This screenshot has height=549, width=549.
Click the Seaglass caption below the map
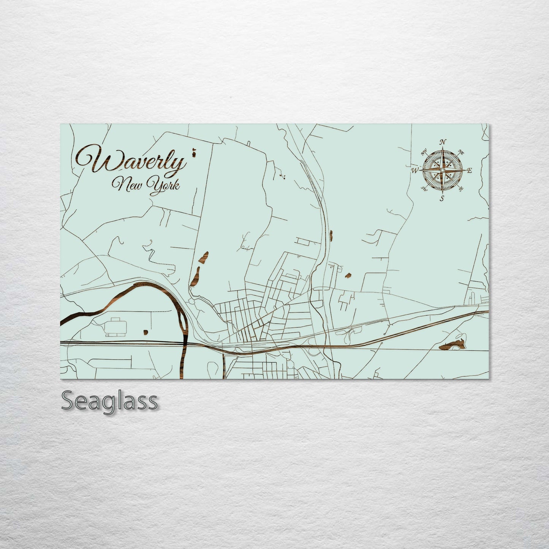109,400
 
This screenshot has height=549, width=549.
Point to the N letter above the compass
443,142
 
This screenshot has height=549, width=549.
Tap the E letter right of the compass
469,171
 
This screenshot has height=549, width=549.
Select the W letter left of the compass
414,171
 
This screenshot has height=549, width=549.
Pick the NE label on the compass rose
461,152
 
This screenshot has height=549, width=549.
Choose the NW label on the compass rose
424,153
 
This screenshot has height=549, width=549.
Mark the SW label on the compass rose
424,188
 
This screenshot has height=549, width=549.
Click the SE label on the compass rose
461,188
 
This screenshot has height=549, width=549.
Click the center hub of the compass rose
442,171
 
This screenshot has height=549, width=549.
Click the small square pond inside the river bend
146,332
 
